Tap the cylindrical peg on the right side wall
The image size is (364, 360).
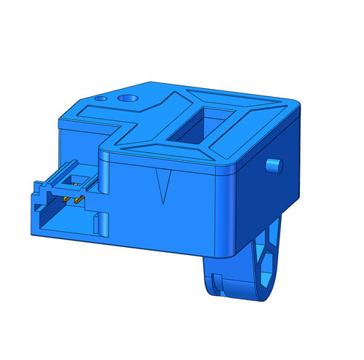(x=274, y=165)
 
